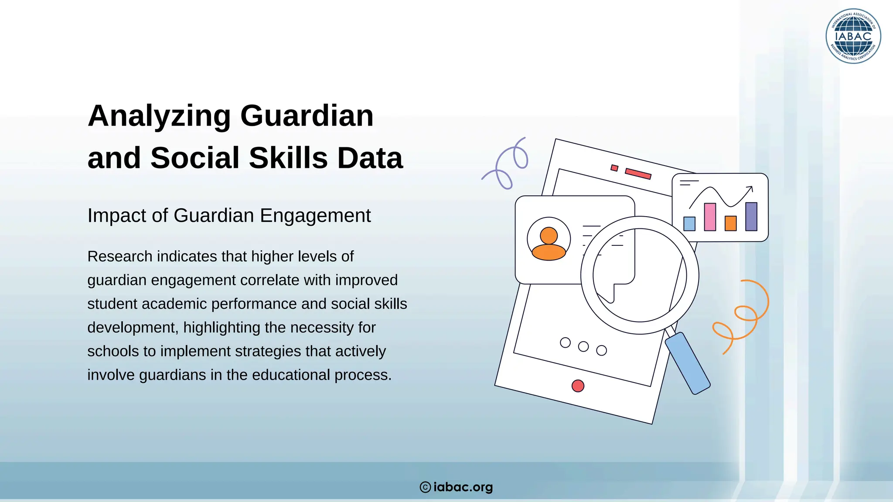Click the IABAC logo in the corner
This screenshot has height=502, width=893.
(x=853, y=36)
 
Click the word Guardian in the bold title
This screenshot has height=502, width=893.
(x=307, y=116)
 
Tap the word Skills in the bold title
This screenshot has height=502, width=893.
(x=288, y=158)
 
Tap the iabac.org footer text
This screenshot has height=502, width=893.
(x=463, y=487)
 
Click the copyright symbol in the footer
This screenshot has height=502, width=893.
(x=425, y=487)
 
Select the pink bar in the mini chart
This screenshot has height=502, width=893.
(x=710, y=217)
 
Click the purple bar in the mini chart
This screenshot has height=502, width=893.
(x=751, y=217)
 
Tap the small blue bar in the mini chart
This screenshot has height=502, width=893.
(x=689, y=224)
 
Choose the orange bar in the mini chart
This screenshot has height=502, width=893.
(x=730, y=224)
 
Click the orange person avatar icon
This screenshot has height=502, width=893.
(x=549, y=244)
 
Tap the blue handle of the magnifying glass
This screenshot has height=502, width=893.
(x=688, y=363)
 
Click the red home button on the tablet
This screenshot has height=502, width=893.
(x=578, y=386)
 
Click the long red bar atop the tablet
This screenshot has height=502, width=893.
(x=638, y=173)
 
